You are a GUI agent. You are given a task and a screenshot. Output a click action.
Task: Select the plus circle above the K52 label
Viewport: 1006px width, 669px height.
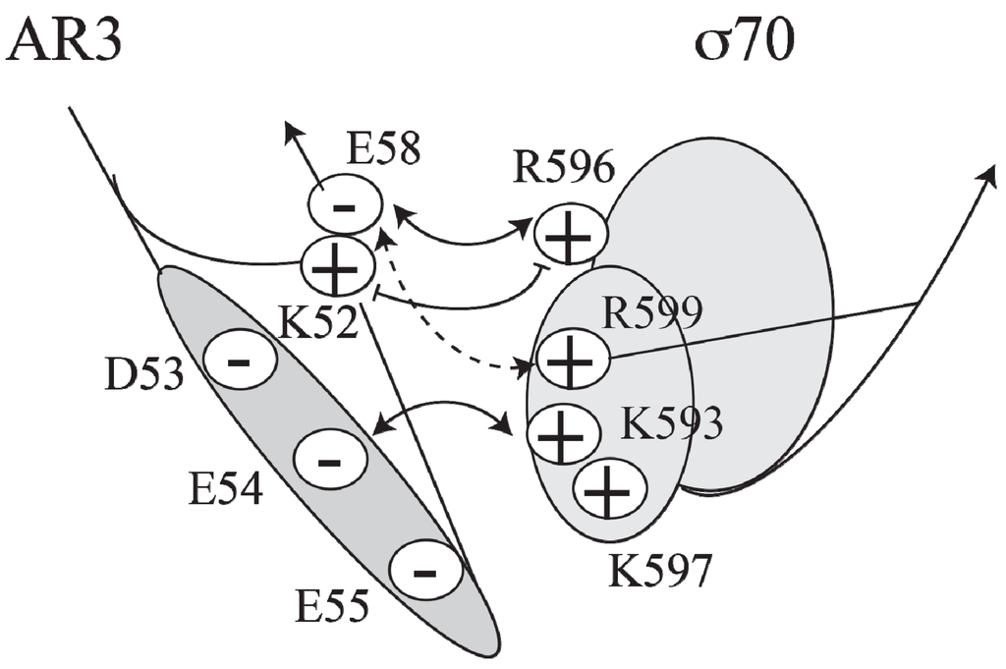point(337,265)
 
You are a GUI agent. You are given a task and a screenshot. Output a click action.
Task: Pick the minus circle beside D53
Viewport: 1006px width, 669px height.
point(239,361)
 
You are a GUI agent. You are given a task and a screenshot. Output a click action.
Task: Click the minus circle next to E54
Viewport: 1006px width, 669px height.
point(330,458)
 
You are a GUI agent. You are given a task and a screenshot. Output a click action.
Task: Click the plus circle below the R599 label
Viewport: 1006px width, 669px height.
point(572,361)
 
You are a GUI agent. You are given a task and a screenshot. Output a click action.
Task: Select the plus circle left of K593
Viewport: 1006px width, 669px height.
point(563,432)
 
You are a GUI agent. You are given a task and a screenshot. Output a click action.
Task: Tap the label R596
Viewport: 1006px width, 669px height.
point(563,170)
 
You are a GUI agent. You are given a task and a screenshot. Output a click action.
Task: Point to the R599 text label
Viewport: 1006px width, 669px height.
point(653,313)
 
